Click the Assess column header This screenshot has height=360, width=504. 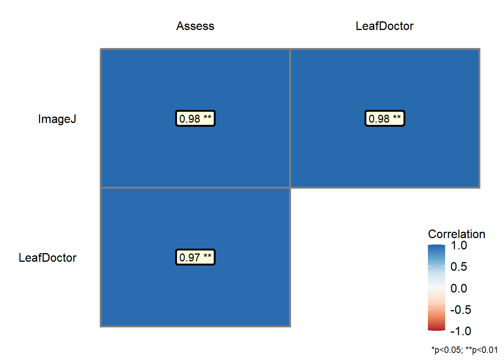coord(195,26)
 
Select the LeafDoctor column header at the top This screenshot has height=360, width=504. coord(384,26)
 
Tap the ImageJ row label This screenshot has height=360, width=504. coord(57,119)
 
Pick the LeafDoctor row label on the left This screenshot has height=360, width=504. coord(48,258)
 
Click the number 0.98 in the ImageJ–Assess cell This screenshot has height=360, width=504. coord(189,119)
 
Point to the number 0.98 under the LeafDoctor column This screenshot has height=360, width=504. coord(379,119)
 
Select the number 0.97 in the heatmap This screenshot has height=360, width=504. coord(189,258)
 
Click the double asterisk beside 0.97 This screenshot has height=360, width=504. coord(207,256)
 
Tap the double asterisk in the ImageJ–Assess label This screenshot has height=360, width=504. coord(207,118)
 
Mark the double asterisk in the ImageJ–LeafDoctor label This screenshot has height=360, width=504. coord(397,118)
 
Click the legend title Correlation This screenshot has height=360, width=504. coord(456,234)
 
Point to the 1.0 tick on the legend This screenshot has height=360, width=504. coord(459,246)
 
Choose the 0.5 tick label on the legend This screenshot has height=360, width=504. coord(459,267)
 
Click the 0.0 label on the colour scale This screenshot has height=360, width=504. coord(459,288)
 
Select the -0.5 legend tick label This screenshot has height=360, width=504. coord(460,310)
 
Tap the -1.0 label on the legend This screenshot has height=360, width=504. coord(460,331)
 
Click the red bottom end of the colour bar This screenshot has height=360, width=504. coord(436,327)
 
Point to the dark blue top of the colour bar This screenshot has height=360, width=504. coord(436,248)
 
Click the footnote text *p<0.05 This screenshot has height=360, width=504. coord(447,350)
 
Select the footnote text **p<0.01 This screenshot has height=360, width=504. coord(481,350)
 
